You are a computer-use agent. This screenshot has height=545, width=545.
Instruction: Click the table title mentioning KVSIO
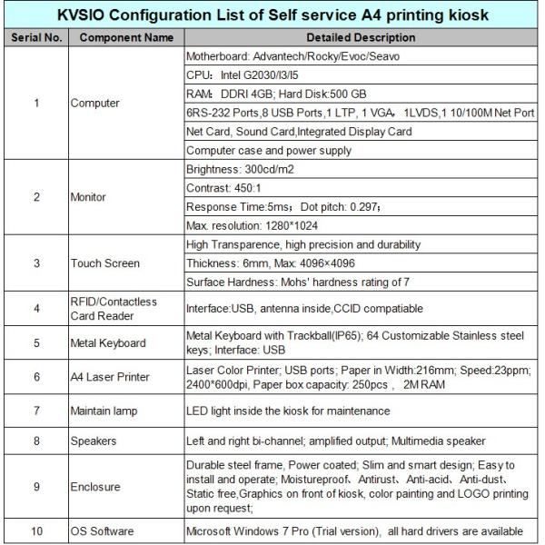(x=272, y=15)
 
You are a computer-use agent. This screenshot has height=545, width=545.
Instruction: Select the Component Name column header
(x=125, y=38)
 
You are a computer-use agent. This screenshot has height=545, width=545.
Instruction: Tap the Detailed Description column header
(x=361, y=38)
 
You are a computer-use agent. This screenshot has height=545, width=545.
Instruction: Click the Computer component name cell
(x=95, y=103)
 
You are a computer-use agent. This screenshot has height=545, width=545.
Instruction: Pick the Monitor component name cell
(x=89, y=196)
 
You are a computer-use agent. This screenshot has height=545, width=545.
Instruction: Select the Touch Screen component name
(x=105, y=263)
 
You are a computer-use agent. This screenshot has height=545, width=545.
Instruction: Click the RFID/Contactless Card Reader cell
(x=114, y=309)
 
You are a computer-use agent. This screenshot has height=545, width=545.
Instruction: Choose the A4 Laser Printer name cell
(x=110, y=377)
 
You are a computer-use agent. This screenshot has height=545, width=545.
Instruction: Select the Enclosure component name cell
(x=95, y=487)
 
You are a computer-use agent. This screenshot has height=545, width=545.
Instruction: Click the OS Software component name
(x=103, y=530)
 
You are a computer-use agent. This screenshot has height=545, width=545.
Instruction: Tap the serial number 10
(x=35, y=530)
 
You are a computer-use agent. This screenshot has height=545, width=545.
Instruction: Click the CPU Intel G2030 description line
(x=245, y=74)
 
